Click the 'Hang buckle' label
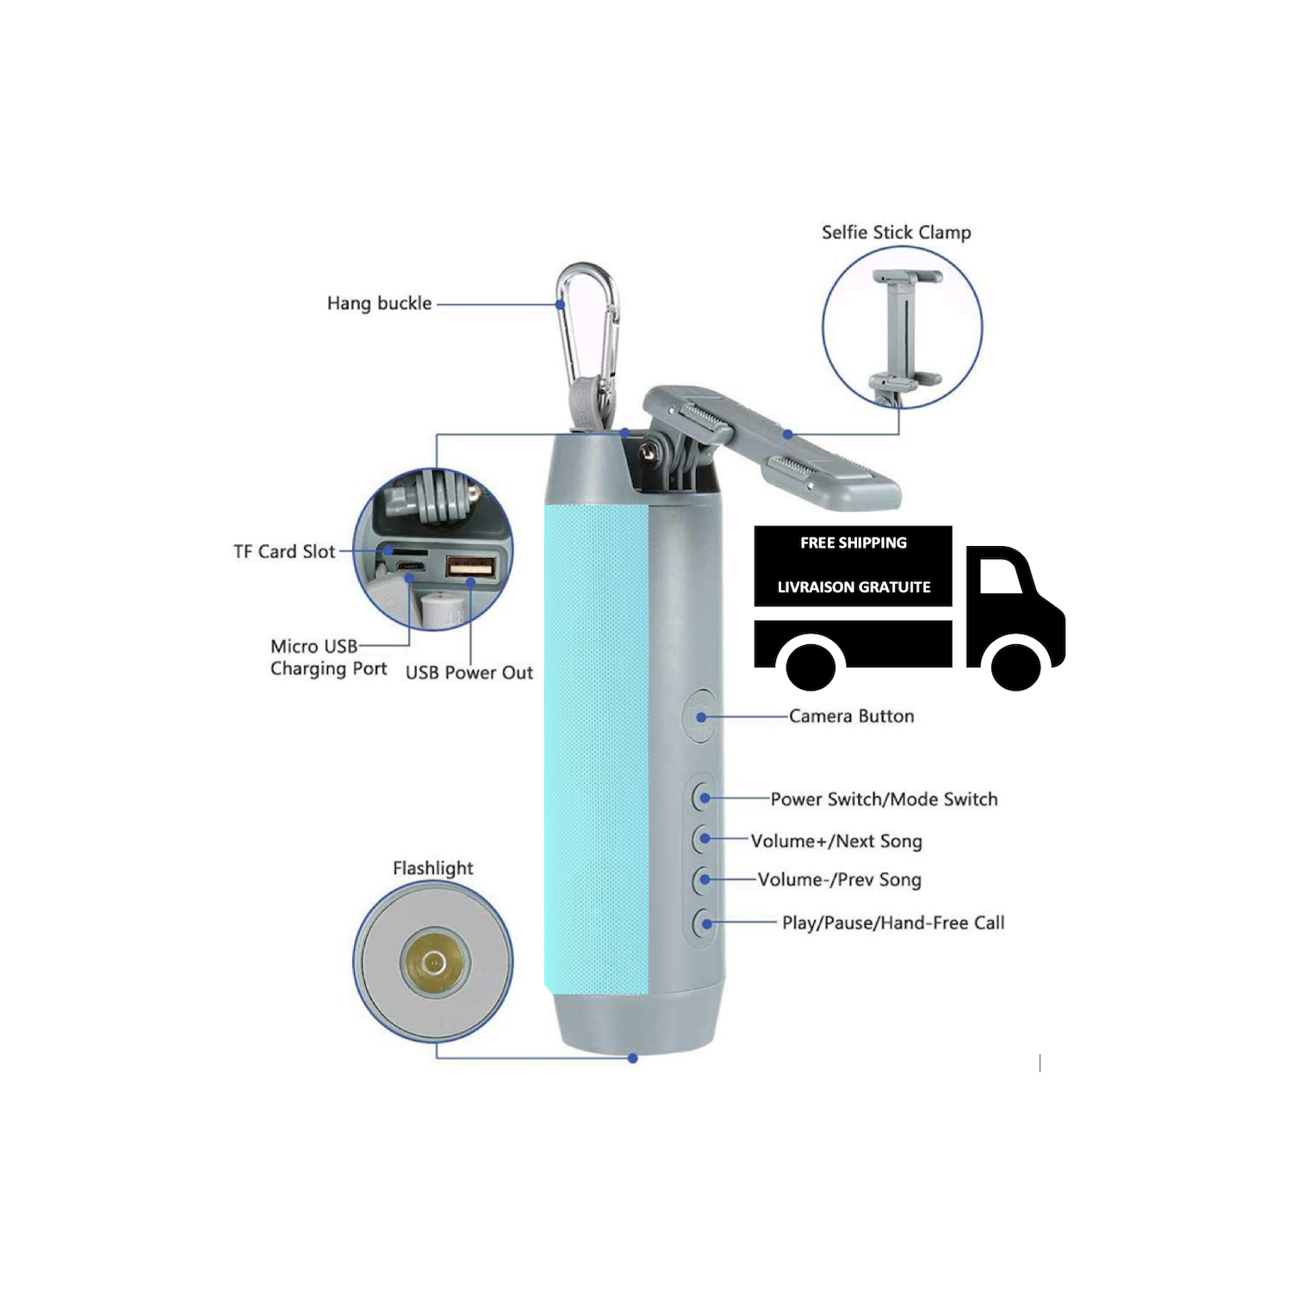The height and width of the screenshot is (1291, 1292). click(379, 303)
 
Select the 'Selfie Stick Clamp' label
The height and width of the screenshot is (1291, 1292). click(896, 233)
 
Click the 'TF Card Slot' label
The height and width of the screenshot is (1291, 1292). click(284, 551)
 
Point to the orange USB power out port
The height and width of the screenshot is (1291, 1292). click(470, 568)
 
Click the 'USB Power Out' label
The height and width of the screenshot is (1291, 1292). click(469, 673)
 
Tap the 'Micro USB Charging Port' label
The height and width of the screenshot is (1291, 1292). click(329, 657)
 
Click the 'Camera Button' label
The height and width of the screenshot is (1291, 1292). click(852, 716)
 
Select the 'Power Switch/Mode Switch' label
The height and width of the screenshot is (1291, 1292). click(884, 799)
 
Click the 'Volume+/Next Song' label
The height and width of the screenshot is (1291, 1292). click(836, 841)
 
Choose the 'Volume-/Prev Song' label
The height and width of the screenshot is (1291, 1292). click(840, 879)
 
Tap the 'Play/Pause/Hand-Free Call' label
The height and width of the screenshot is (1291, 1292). click(893, 922)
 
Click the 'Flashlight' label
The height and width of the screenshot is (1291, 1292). click(433, 868)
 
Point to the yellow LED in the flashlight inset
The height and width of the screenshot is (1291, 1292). click(434, 962)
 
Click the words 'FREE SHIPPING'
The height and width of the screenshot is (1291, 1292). click(854, 543)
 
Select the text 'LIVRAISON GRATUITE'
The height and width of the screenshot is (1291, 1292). click(854, 587)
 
